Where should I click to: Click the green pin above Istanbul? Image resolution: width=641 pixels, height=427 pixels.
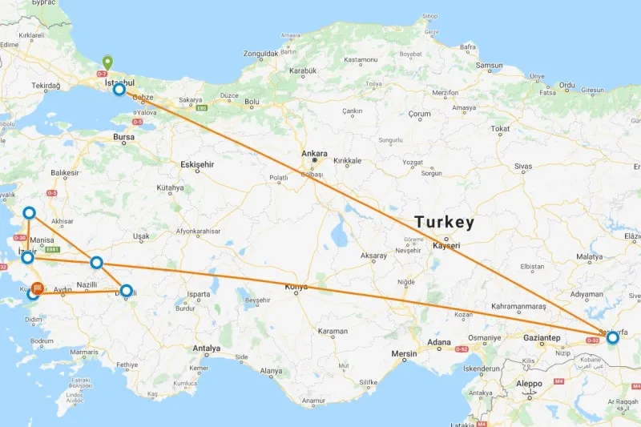click(x=107, y=62)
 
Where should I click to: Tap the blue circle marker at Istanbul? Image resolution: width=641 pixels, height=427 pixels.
click(x=119, y=90)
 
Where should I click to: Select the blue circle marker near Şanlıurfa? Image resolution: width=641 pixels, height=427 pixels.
click(x=613, y=337)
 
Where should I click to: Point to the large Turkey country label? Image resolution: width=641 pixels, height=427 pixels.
click(x=445, y=222)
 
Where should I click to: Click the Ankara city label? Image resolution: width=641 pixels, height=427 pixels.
click(x=315, y=153)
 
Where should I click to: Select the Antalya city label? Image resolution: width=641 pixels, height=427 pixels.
click(x=206, y=348)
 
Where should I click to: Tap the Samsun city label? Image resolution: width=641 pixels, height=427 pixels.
click(x=489, y=66)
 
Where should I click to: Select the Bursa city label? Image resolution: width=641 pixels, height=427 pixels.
click(x=124, y=137)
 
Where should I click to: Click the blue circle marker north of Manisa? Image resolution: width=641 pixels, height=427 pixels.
click(x=29, y=212)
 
